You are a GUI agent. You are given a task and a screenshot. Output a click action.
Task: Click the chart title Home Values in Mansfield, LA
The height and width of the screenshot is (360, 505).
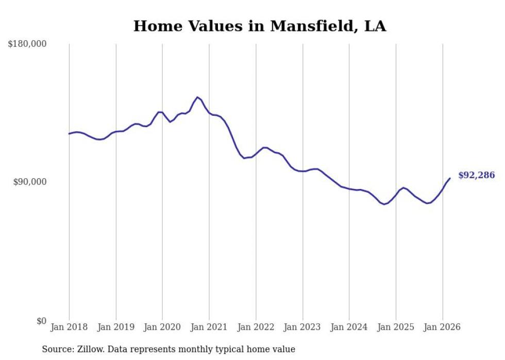[x=259, y=26]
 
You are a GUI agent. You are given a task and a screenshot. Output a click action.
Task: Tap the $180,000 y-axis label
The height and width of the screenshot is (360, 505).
[x=27, y=44]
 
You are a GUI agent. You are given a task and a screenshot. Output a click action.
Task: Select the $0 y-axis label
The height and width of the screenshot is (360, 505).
[x=41, y=321]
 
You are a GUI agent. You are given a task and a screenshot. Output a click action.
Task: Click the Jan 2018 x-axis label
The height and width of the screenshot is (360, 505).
[x=69, y=327]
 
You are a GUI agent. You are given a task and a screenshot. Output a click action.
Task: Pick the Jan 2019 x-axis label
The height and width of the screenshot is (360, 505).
[x=115, y=327]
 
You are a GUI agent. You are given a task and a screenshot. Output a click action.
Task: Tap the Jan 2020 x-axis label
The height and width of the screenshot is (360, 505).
[x=162, y=327]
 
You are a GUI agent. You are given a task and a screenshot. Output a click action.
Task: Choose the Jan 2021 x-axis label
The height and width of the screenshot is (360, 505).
[x=209, y=327]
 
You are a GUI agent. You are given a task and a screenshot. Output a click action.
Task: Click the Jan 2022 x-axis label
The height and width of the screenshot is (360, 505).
[x=256, y=327]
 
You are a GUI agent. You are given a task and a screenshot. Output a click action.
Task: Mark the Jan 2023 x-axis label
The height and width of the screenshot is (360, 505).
[x=302, y=327]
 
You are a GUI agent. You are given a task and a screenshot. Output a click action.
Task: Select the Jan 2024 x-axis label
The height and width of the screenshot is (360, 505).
[x=349, y=327]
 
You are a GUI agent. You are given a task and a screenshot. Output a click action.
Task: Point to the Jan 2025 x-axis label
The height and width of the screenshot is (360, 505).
[x=396, y=327]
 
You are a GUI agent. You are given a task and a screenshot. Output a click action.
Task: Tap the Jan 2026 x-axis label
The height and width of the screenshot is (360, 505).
[x=443, y=327]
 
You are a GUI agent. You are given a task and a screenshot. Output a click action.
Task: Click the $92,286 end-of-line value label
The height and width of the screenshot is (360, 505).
[x=476, y=176]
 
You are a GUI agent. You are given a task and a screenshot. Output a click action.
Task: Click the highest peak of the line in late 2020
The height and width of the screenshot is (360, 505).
[x=197, y=97]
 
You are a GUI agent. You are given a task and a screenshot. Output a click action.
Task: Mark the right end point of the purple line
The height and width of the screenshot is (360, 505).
[x=450, y=178]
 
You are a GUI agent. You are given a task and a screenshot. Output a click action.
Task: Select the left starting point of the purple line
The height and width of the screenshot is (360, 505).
[x=69, y=134]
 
